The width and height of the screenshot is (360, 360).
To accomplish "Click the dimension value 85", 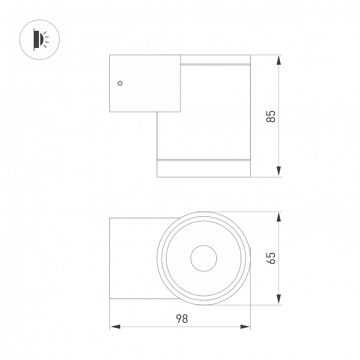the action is [x=271, y=116].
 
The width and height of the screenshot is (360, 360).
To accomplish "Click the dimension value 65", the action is [x=271, y=258].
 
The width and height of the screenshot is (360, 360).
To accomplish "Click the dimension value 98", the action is [x=182, y=319].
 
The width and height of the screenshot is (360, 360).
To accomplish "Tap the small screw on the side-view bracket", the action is [x=120, y=83].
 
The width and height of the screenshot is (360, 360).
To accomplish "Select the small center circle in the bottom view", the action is [x=204, y=245].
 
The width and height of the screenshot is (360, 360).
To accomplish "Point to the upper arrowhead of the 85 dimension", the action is [x=278, y=61].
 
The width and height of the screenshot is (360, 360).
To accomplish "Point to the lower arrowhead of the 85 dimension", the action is [x=278, y=171].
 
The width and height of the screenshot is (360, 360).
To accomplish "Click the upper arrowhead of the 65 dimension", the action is [x=278, y=217].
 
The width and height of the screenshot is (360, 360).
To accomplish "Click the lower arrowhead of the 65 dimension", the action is [x=278, y=299].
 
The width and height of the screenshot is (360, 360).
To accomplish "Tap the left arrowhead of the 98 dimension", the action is [x=115, y=327].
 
